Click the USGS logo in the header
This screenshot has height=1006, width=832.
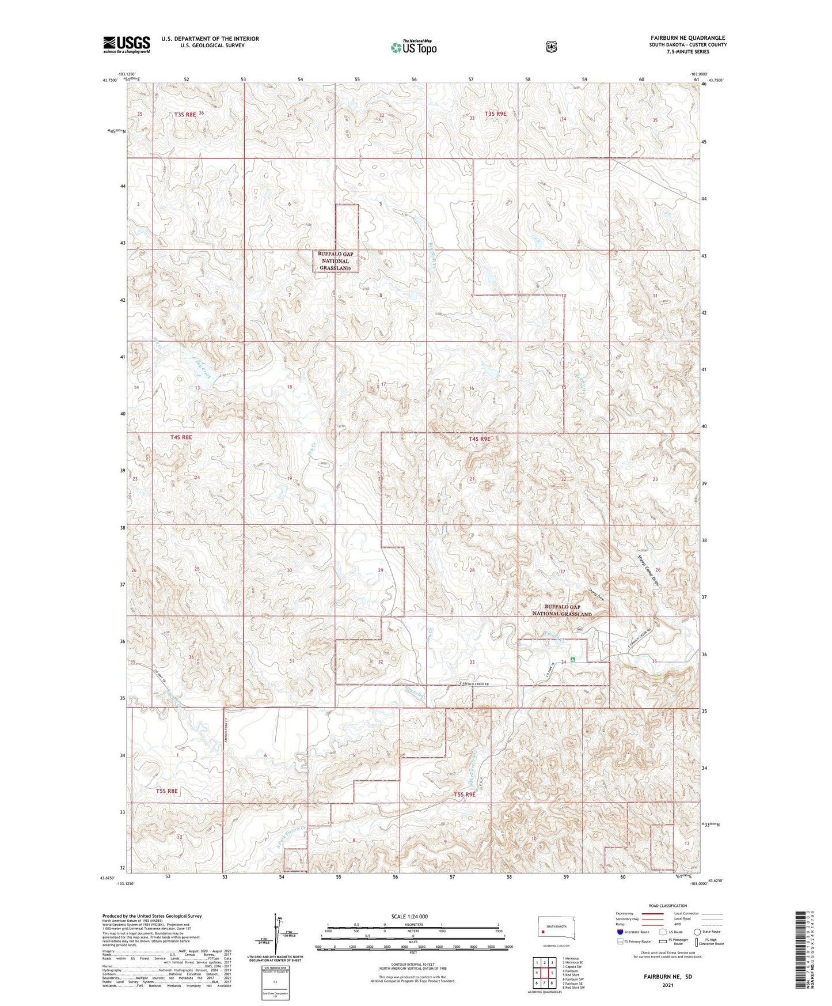[x=127, y=44]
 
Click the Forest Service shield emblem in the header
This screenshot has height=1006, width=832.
[x=551, y=47]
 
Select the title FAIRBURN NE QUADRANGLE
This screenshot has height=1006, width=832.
[x=688, y=38]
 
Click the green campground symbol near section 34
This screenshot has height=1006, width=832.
[x=573, y=659]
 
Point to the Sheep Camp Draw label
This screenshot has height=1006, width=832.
[x=649, y=571]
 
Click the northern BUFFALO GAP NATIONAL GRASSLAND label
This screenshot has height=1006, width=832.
[x=335, y=261]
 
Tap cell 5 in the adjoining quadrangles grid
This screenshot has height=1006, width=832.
[x=552, y=973]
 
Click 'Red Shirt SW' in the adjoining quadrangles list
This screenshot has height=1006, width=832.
[x=573, y=988]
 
